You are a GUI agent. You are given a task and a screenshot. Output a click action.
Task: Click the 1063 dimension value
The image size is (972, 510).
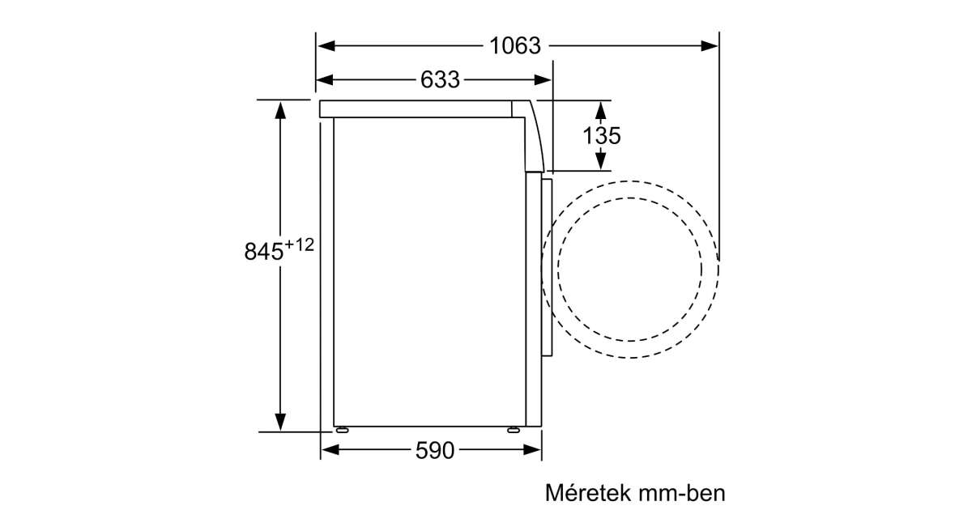click(x=515, y=45)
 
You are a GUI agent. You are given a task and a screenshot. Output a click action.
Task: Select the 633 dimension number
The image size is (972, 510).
click(x=440, y=80)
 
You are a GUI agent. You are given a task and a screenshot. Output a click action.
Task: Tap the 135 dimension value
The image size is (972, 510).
click(x=601, y=136)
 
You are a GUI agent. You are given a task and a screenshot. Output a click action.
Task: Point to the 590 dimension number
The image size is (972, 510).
click(x=434, y=450)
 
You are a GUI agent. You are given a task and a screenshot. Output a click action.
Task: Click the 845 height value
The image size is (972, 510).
click(x=263, y=251)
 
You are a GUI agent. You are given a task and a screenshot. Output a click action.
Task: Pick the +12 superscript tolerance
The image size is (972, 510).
click(x=299, y=245)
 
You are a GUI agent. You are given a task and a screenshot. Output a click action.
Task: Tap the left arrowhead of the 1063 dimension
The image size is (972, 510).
click(x=326, y=45)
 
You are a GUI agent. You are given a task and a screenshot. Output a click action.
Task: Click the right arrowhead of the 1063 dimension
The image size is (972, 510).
click(x=709, y=45)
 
